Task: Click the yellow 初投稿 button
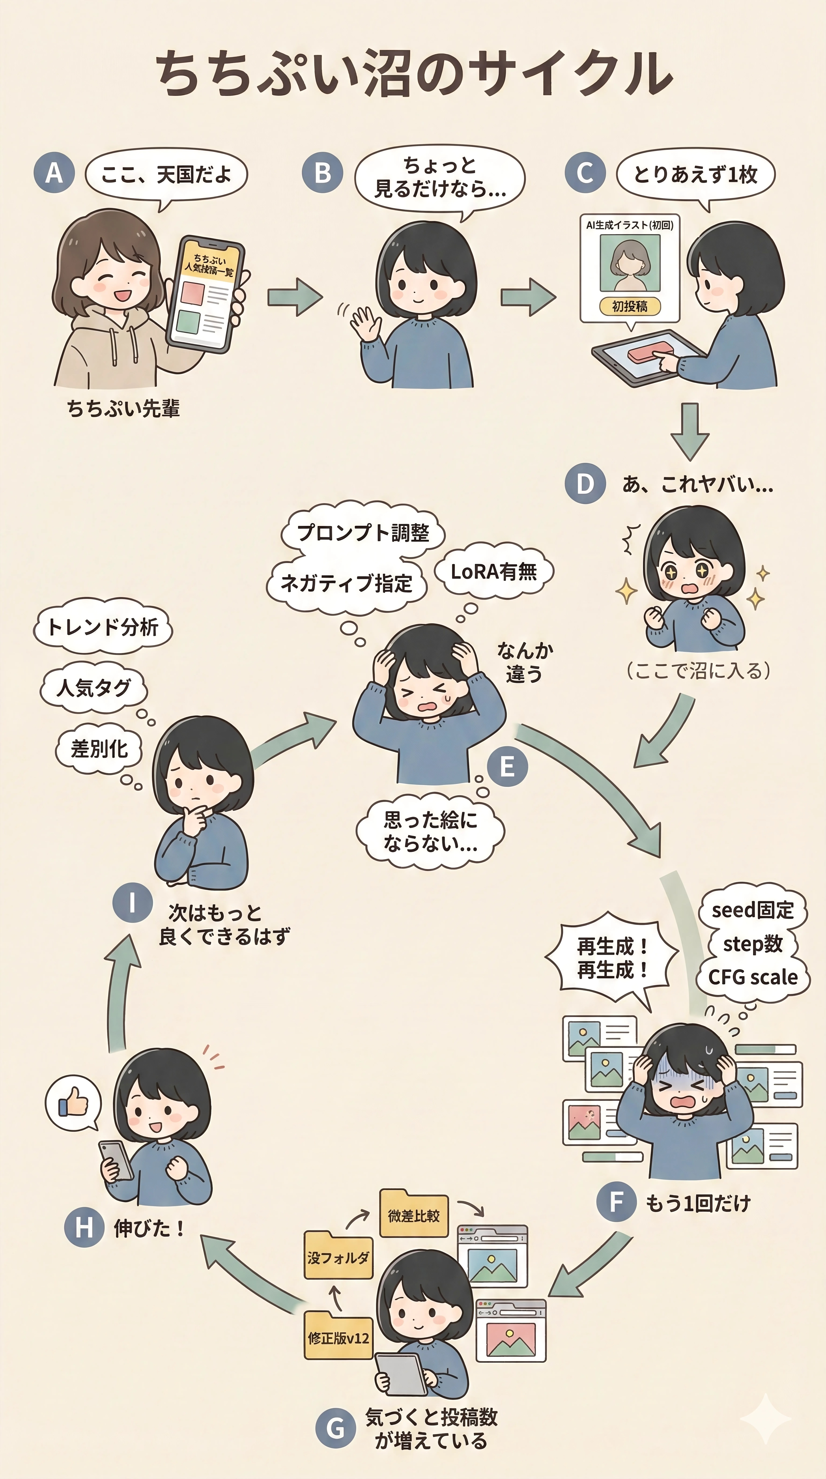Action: tap(630, 306)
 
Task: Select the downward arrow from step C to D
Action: tap(690, 431)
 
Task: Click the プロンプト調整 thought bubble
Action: tap(363, 533)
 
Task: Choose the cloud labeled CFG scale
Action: tap(752, 977)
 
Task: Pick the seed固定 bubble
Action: tap(752, 910)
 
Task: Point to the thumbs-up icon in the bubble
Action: tap(73, 1104)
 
